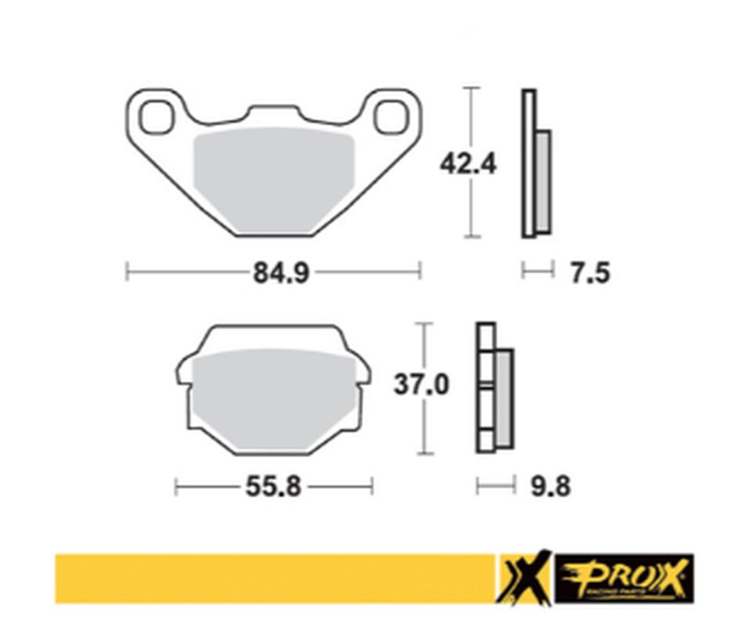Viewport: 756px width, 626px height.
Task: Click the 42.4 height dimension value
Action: coord(468,164)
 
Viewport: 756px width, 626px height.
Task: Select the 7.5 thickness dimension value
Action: coord(589,273)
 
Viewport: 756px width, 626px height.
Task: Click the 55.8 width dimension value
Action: coord(273,487)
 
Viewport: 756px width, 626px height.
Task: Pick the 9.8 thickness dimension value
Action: coord(550,487)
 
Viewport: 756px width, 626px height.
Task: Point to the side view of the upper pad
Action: coord(536,164)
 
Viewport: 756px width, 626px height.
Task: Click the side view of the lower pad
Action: coord(494,388)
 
